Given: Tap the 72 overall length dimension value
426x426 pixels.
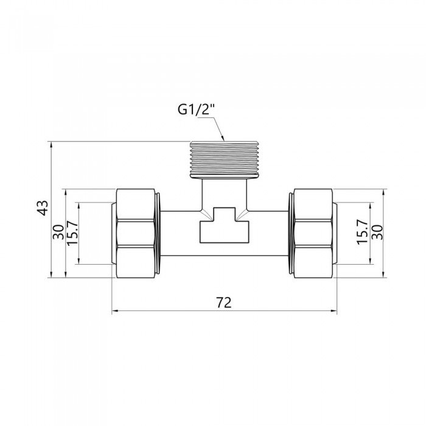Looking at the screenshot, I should [x=224, y=302].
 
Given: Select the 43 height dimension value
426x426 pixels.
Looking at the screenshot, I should [x=42, y=208].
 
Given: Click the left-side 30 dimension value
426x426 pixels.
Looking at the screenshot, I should [x=58, y=232].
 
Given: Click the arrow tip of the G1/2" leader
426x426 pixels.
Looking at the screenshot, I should [x=225, y=141].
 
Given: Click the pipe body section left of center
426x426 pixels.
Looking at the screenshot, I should [x=180, y=232].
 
